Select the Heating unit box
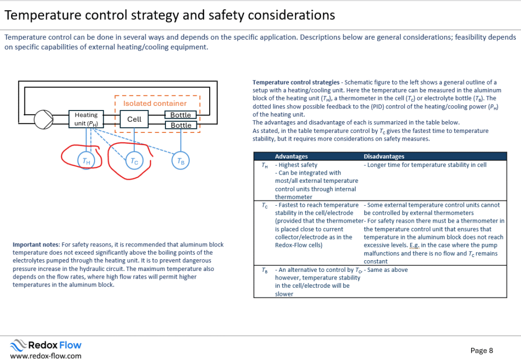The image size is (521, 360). (86, 119)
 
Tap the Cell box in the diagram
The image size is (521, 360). (134, 119)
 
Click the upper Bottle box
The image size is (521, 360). (181, 115)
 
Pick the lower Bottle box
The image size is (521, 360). (181, 125)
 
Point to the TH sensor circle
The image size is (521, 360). (86, 161)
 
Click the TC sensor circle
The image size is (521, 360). (134, 161)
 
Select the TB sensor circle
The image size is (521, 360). (181, 161)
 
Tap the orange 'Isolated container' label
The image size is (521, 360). (155, 103)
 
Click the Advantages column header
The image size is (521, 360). (292, 157)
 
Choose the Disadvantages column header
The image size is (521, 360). (384, 157)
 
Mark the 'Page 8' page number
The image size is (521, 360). (482, 350)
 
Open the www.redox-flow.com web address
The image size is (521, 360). (46, 356)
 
